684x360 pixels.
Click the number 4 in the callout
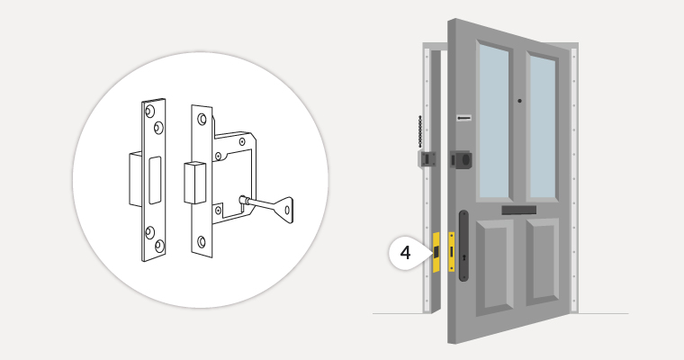tap(405, 253)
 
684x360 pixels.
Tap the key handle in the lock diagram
tap(283, 210)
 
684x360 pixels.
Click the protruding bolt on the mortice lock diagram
tap(194, 183)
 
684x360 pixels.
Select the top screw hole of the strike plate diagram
tap(149, 111)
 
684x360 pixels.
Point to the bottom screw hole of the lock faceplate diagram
tap(201, 241)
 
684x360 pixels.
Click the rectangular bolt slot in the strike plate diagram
tap(155, 180)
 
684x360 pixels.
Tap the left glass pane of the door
tap(494, 121)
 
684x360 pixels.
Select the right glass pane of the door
tap(542, 127)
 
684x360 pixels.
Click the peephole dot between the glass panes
tap(519, 101)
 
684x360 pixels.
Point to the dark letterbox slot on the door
tap(518, 210)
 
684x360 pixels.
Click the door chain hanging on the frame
tap(420, 130)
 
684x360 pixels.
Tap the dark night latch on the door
tap(461, 159)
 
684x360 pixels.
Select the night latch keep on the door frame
tap(427, 158)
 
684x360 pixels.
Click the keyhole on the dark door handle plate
tap(464, 258)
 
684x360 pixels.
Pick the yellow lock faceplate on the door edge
tap(452, 251)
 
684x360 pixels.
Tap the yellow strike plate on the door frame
tap(436, 252)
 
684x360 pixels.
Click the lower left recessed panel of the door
tap(493, 265)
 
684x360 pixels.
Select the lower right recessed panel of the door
tap(542, 260)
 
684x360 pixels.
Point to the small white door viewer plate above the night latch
tap(464, 118)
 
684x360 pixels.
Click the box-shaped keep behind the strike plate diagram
tap(136, 179)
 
